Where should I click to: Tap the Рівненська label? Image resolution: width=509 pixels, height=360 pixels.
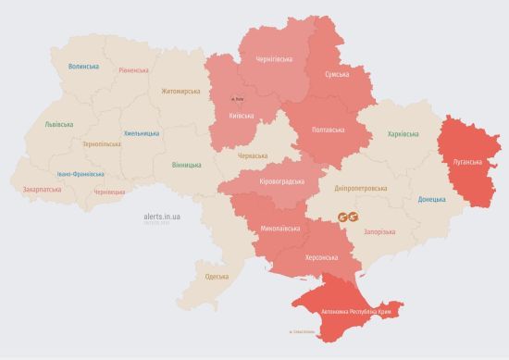click(134, 71)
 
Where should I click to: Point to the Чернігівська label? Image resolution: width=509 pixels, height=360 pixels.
click(267, 60)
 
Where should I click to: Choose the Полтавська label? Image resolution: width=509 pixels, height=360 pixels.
click(329, 129)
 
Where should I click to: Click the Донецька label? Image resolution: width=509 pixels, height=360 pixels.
click(431, 199)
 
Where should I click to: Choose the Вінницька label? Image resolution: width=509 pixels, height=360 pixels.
click(186, 165)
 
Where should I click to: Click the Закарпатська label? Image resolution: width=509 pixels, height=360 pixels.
click(42, 190)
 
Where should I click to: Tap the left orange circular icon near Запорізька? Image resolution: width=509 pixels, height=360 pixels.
click(344, 217)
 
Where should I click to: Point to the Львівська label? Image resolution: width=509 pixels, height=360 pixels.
click(59, 124)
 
